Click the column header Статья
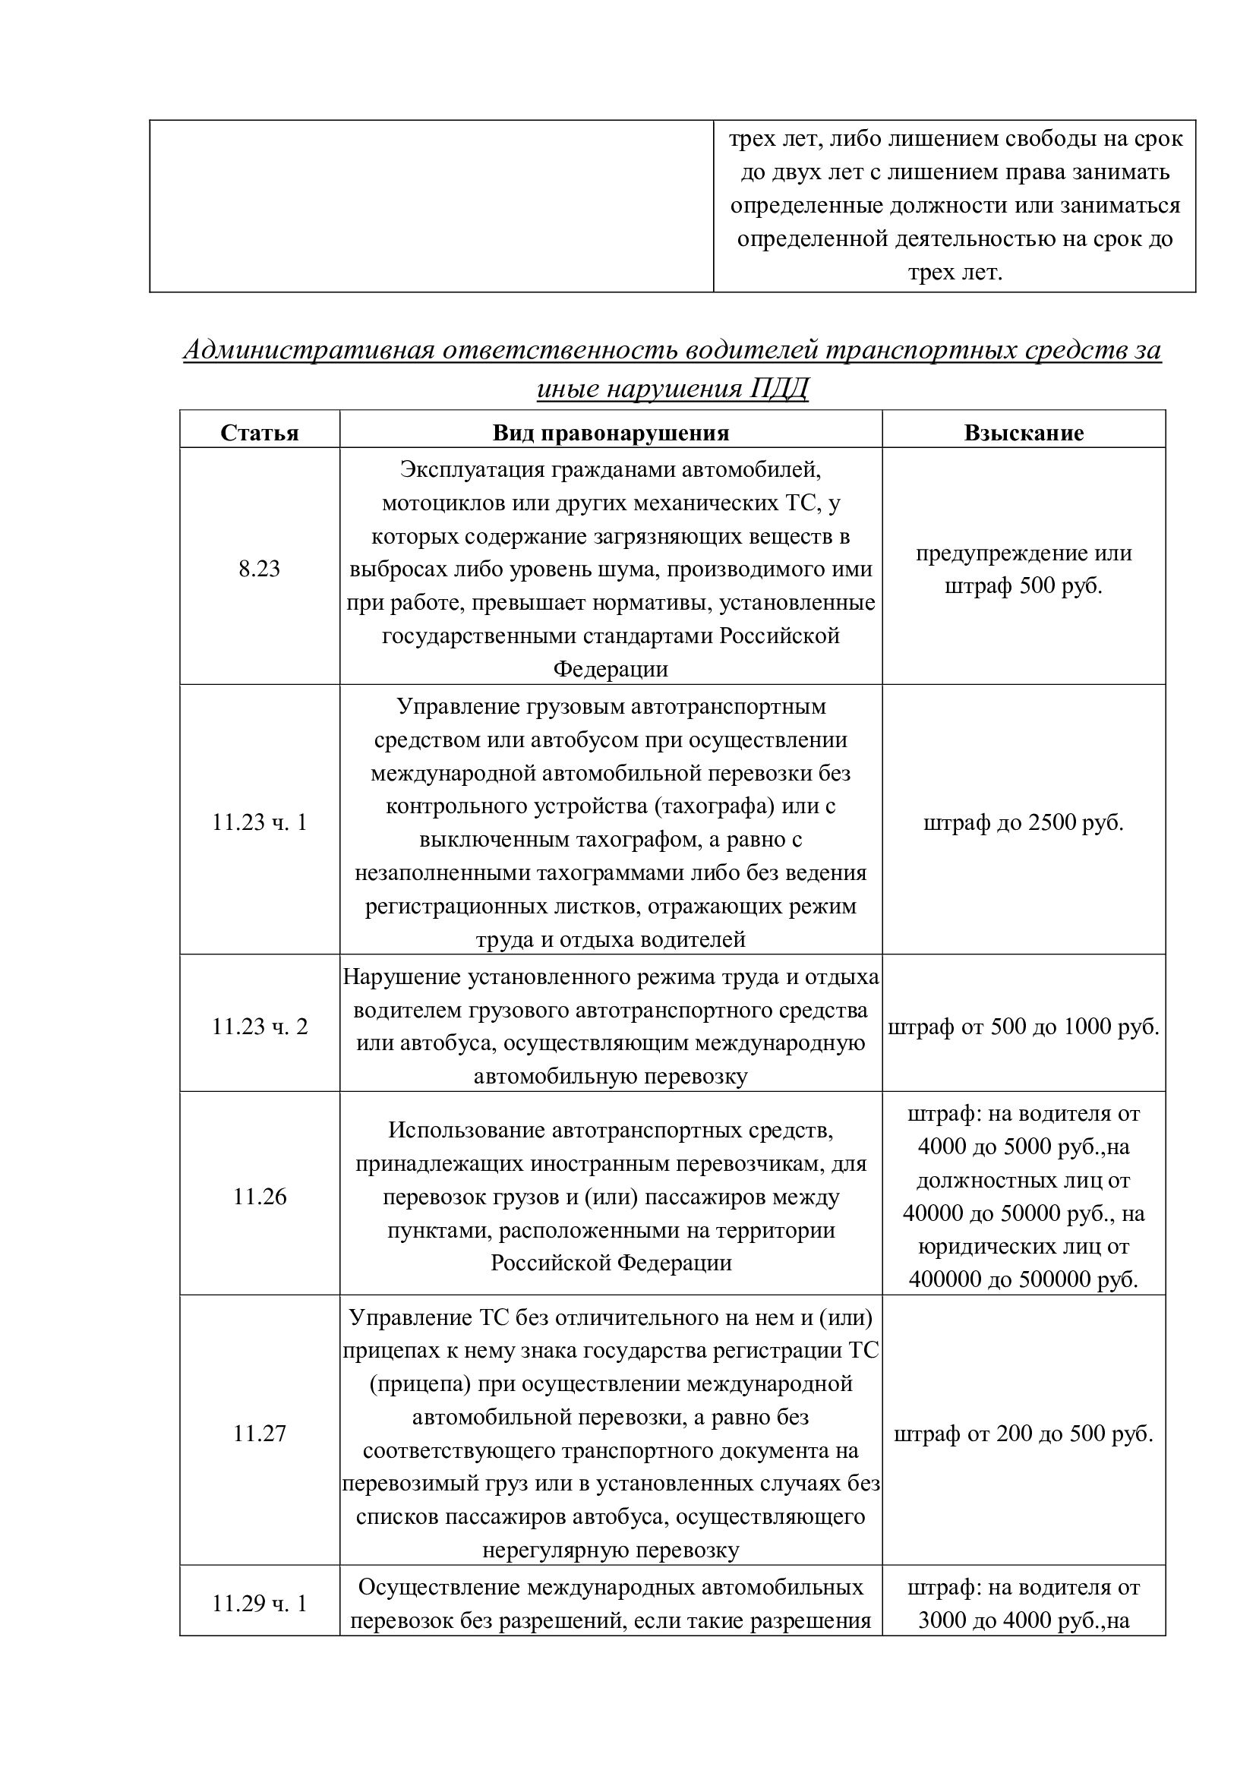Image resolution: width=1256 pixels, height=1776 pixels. pyautogui.click(x=259, y=432)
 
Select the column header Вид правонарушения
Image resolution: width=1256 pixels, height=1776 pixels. pyautogui.click(x=611, y=432)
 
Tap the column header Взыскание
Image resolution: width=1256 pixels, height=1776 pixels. pyautogui.click(x=1023, y=432)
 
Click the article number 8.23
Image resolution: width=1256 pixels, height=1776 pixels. pyautogui.click(x=259, y=569)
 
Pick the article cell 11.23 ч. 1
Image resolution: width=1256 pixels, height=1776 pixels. pyautogui.click(x=259, y=822)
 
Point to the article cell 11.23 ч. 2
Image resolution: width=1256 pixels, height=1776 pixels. pyautogui.click(x=259, y=1027)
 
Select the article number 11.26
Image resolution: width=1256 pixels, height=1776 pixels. pyautogui.click(x=259, y=1197)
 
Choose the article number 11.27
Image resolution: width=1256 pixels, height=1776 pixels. pyautogui.click(x=259, y=1434)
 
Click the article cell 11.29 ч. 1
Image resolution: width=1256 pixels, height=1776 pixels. pyautogui.click(x=259, y=1604)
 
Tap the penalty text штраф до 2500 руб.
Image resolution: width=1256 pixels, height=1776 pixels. pyautogui.click(x=1023, y=822)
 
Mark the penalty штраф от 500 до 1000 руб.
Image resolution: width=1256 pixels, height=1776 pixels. pyautogui.click(x=1023, y=1027)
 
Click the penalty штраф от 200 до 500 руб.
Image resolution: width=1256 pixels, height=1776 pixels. pyautogui.click(x=1023, y=1434)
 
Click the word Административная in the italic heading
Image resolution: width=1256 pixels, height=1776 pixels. pyautogui.click(x=308, y=350)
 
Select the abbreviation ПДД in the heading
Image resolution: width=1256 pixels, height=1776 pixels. pyautogui.click(x=778, y=388)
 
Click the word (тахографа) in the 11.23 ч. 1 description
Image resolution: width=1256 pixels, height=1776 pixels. pyautogui.click(x=715, y=806)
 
